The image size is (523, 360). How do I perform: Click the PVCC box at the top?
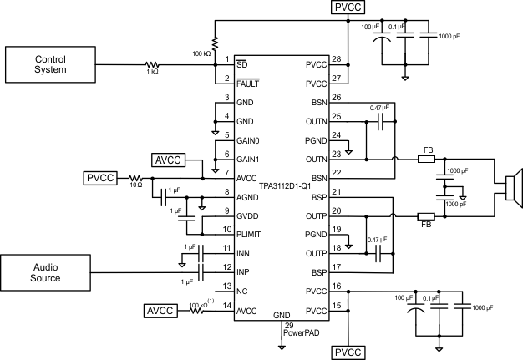tap(348, 8)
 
